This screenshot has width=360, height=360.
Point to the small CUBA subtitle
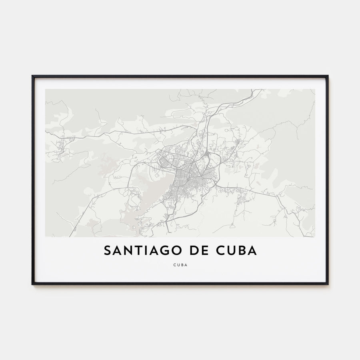point(180,264)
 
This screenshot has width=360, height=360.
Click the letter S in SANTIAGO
point(107,250)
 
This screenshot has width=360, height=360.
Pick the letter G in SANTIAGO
point(162,250)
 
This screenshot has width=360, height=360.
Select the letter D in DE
point(194,250)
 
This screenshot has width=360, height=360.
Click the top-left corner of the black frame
point(33,76)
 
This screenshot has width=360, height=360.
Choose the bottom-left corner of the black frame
point(33,284)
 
